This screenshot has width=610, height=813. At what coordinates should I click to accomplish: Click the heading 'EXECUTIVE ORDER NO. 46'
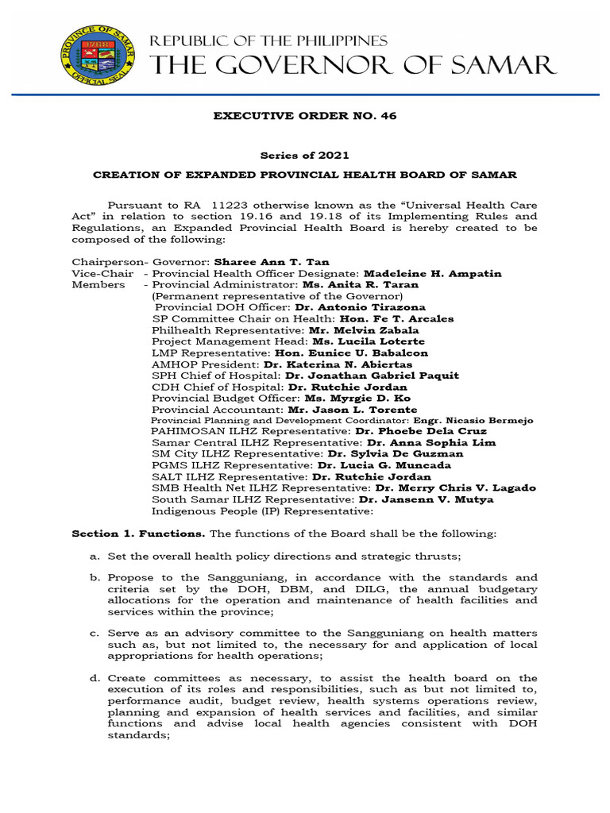tap(305, 117)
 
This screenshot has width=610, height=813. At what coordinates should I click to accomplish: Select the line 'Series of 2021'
tap(305, 156)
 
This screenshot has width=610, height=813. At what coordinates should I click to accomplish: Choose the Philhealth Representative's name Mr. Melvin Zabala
tap(353, 329)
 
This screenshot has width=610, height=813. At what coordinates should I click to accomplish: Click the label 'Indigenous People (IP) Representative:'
tap(251, 511)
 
